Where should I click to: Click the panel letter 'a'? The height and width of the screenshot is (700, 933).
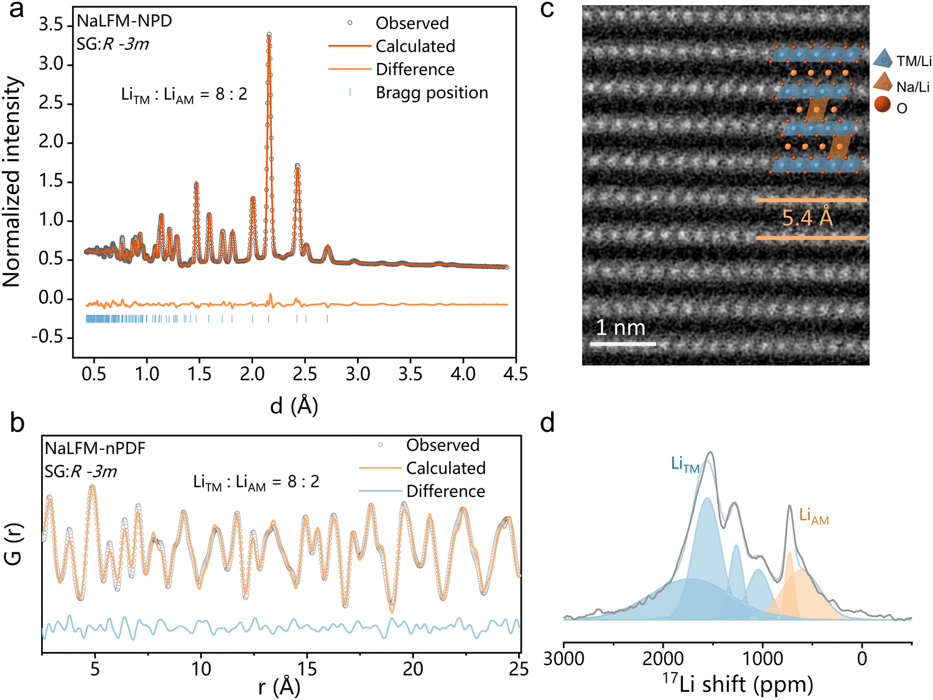(x=16, y=10)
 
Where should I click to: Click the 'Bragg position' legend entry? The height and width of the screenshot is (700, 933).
(x=432, y=93)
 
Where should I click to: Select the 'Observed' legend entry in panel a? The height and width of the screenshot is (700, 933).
(x=412, y=23)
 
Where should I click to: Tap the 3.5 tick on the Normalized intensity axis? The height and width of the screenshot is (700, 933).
(x=50, y=26)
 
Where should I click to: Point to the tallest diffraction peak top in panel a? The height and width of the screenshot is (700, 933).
(x=269, y=34)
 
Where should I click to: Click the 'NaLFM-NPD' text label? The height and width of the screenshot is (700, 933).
(x=124, y=21)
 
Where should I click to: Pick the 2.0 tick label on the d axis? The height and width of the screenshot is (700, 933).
(x=253, y=374)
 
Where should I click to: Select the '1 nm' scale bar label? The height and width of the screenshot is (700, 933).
(x=620, y=327)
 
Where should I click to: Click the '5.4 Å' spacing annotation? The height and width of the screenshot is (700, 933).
(x=807, y=218)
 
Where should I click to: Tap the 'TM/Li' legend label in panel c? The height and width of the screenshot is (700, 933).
(x=914, y=61)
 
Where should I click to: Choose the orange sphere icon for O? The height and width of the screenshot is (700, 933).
(x=883, y=105)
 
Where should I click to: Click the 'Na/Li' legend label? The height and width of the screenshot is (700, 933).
(x=912, y=87)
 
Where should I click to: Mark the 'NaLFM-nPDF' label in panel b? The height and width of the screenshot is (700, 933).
(x=95, y=449)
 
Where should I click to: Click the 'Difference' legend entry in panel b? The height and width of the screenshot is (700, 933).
(x=445, y=492)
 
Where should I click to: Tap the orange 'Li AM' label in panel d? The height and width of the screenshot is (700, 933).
(x=814, y=516)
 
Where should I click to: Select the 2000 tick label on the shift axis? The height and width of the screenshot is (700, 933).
(x=663, y=659)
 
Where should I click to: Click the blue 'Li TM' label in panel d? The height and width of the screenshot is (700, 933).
(x=685, y=464)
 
